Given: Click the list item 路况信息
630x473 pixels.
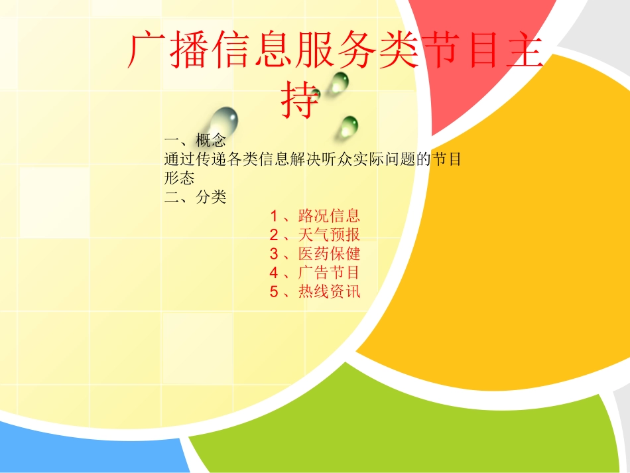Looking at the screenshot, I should [329, 215].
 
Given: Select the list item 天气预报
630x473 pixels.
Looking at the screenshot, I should [329, 234].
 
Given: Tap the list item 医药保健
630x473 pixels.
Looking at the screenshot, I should [329, 253].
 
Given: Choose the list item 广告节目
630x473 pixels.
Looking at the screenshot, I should [329, 272].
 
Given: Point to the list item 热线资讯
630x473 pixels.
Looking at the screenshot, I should [329, 291].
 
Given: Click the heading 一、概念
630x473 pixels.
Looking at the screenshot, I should [196, 141].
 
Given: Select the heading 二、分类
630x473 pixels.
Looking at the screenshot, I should [196, 198].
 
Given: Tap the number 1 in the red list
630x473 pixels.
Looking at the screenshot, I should [274, 216].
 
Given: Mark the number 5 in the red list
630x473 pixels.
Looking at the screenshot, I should [274, 292].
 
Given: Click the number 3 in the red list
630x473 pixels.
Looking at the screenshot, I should [274, 254].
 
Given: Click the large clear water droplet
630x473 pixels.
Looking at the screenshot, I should [223, 123].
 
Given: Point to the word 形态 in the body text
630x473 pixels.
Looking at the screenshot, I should [179, 178].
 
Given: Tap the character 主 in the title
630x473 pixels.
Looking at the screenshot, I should [523, 51].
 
